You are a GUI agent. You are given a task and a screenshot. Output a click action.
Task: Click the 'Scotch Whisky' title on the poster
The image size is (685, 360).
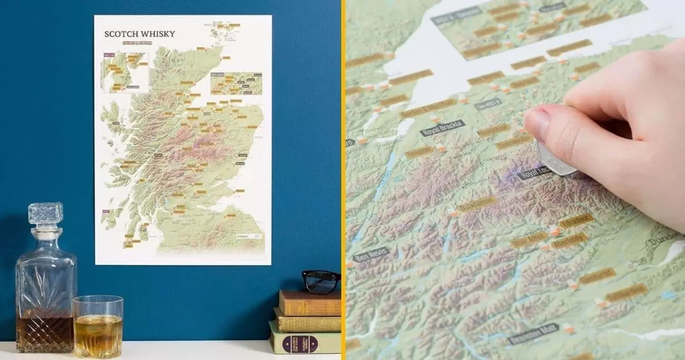(x=140, y=34)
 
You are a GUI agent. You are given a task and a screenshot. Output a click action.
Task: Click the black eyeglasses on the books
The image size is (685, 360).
(x=321, y=281)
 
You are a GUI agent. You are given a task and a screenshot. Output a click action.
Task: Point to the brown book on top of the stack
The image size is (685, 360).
(x=310, y=303)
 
